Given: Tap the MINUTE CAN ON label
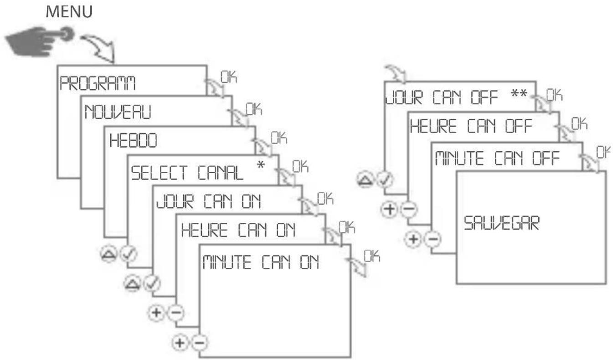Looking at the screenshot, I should click(260, 262).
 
